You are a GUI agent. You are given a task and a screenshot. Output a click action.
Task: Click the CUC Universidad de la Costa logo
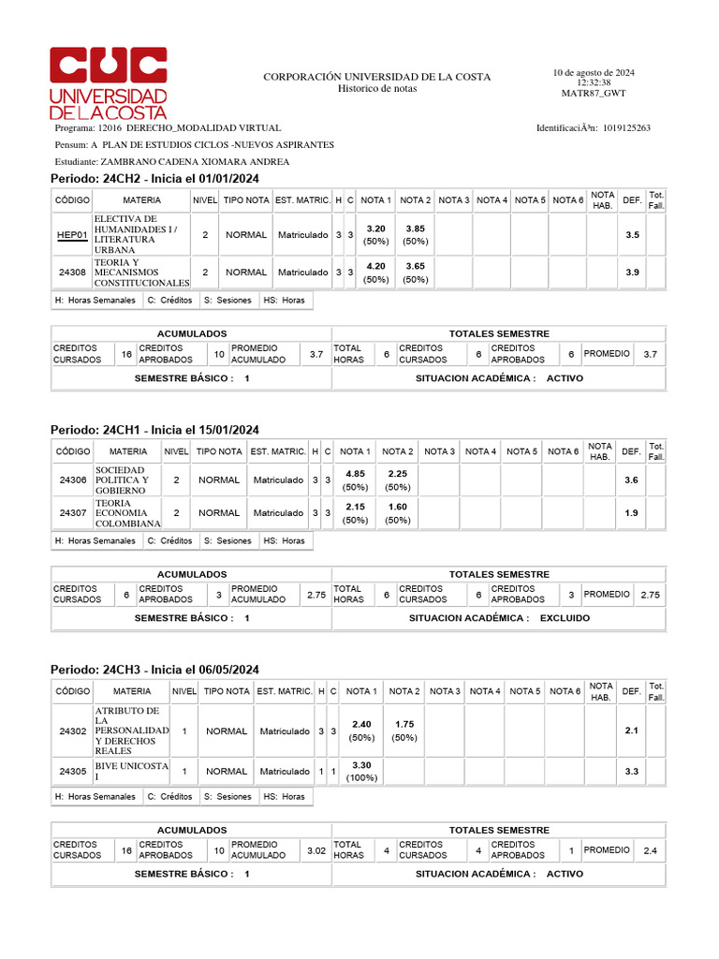coord(108,82)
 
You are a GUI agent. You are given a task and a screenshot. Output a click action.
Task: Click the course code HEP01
coord(72,235)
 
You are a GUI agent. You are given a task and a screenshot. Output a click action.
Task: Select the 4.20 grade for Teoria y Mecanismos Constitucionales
coord(375,266)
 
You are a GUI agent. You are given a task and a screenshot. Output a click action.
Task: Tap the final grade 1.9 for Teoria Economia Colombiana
coord(631,513)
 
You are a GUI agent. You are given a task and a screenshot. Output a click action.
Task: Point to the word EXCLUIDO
coord(565,619)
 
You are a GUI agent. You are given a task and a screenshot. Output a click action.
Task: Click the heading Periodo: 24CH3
coord(154,670)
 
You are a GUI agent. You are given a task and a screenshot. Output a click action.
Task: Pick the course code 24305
coord(72,772)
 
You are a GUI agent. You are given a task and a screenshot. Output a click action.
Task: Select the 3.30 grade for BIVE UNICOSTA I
coord(362,765)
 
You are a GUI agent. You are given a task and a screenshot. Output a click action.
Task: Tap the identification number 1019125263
coord(626,127)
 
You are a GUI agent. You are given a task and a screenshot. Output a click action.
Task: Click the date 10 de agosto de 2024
coord(594,72)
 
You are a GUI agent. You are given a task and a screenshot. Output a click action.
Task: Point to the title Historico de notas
coord(376,89)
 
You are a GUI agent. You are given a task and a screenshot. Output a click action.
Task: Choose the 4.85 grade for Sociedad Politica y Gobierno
coord(355,474)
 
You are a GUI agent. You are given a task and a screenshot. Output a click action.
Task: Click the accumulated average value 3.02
coord(315,849)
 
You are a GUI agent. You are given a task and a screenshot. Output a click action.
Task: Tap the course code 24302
coord(72,730)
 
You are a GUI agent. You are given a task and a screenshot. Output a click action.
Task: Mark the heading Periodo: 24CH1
coord(154,429)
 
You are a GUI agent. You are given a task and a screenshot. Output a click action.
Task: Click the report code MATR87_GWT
coord(594,94)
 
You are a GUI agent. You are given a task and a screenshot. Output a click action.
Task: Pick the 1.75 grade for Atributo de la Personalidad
coord(404,724)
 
